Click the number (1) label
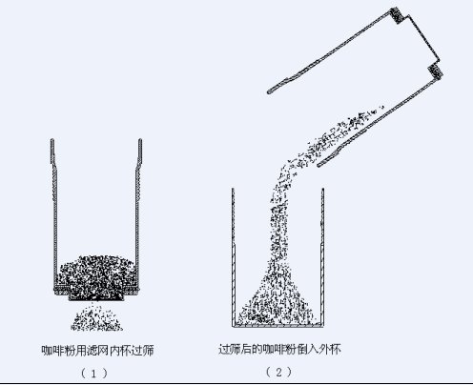tap(94, 374)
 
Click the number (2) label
tap(278, 372)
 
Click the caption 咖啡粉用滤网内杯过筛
tap(97, 350)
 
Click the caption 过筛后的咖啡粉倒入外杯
tap(279, 349)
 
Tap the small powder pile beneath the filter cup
tap(96, 318)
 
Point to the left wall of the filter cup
tap(54, 213)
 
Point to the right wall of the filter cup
tap(138, 213)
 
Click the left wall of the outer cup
tap(234, 257)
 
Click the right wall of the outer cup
tap(322, 257)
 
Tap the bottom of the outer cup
tap(278, 325)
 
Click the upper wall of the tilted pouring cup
tap(332, 51)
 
